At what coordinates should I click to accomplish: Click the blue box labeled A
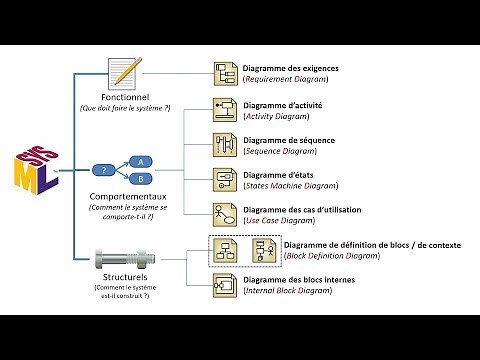pyautogui.click(x=143, y=161)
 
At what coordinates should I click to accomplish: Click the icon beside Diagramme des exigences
pyautogui.click(x=225, y=72)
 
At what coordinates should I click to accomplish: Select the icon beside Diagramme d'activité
pyautogui.click(x=225, y=108)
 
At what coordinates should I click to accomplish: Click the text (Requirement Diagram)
pyautogui.click(x=291, y=78)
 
